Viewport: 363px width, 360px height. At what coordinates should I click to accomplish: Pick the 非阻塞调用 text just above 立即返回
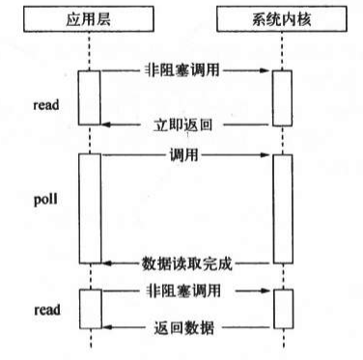[184, 70]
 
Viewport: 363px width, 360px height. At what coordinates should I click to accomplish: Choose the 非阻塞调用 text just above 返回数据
[184, 288]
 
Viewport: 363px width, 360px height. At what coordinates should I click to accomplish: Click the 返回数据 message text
[184, 327]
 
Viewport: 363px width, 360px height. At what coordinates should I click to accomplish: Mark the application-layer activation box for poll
[89, 207]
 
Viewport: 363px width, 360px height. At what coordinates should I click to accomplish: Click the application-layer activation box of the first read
[89, 97]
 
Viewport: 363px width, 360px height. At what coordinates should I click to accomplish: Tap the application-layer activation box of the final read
[89, 308]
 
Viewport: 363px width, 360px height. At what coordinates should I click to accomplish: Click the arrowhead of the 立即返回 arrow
[106, 123]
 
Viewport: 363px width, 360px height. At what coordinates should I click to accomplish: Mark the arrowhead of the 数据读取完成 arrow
[106, 262]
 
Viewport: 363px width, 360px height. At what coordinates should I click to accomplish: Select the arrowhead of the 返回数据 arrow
[106, 327]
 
